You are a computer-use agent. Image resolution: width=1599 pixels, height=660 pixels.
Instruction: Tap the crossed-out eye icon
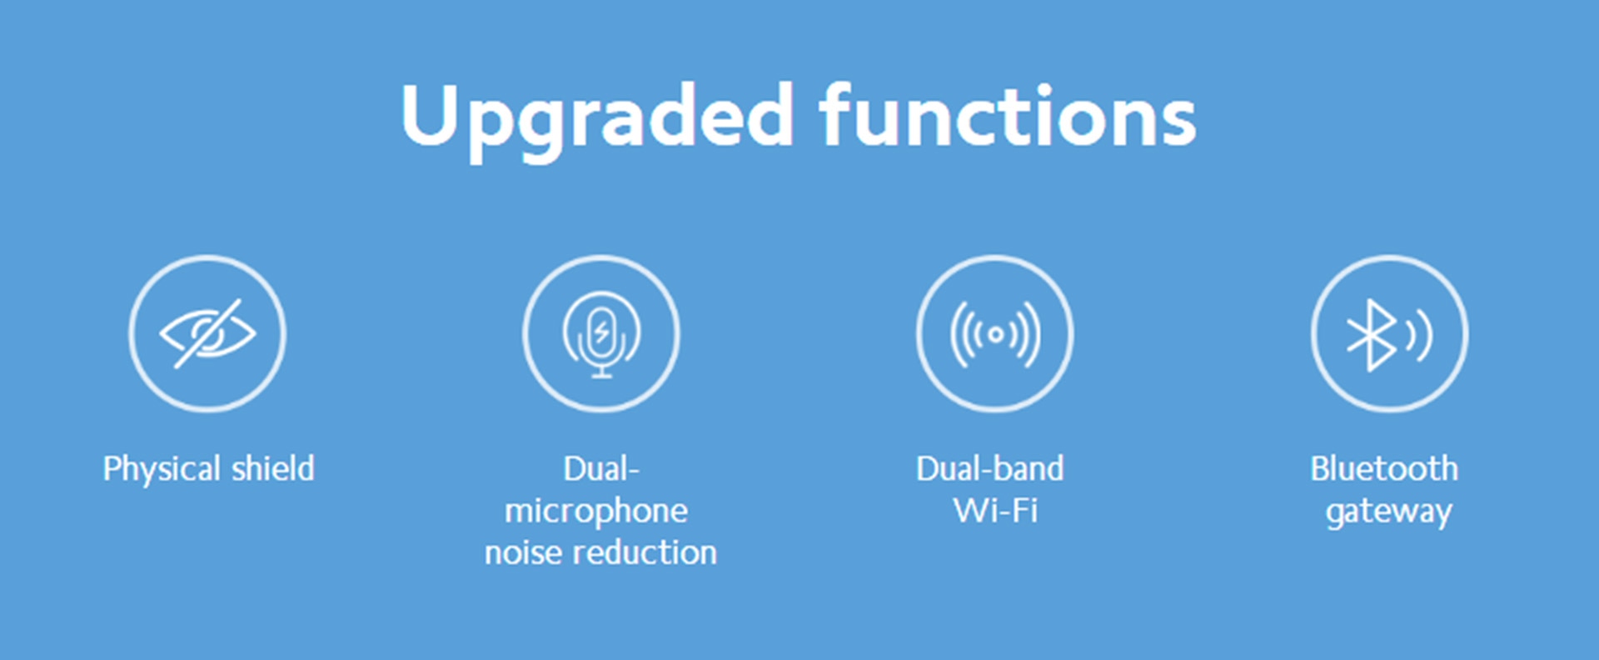click(207, 333)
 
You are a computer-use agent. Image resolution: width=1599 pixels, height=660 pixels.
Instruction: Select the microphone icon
click(601, 333)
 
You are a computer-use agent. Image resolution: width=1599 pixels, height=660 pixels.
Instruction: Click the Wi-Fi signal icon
click(995, 334)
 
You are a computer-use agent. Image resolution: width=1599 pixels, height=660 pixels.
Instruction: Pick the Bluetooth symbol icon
click(1389, 334)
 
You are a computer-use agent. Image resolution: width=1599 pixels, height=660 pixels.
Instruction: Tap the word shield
click(273, 468)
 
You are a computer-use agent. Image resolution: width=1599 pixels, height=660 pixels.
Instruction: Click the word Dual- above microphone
click(601, 468)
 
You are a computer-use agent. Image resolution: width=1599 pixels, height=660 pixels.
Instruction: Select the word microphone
click(596, 512)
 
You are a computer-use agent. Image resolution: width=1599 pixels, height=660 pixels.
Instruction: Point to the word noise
click(523, 552)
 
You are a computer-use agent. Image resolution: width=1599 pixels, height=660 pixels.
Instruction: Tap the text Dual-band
click(990, 468)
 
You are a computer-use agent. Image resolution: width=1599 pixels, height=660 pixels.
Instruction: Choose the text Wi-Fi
click(996, 511)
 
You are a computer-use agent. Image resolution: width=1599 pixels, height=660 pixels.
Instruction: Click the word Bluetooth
click(1384, 468)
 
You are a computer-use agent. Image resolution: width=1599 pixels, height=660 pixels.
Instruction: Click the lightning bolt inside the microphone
click(601, 333)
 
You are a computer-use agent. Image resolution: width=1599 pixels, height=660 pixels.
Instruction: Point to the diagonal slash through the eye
click(207, 333)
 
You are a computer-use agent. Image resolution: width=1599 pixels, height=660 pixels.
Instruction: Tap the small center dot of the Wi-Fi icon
click(995, 335)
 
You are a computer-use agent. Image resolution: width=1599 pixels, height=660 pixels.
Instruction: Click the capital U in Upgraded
click(432, 115)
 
